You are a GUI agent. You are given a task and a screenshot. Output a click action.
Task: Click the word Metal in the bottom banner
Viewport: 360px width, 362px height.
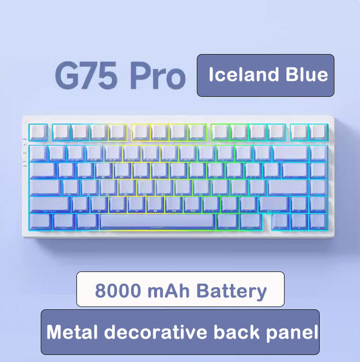point(73,332)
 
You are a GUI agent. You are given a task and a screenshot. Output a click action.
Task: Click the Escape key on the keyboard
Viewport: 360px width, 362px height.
point(38,132)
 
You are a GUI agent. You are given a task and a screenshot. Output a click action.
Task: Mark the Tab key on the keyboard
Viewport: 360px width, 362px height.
point(43,170)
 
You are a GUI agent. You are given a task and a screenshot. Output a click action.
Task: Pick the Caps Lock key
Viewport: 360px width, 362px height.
point(45,187)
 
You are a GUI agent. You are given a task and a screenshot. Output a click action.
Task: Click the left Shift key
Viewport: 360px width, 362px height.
point(49,204)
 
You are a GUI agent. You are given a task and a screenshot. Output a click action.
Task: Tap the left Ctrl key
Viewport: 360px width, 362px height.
point(40,221)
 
